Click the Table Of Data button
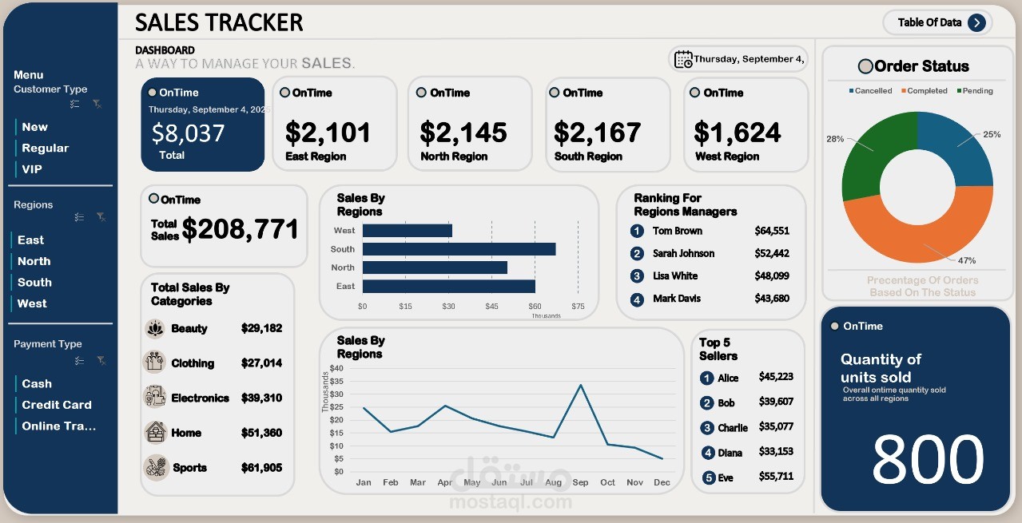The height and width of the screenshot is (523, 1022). tap(937, 22)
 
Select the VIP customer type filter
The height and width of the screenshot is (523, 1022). tap(32, 169)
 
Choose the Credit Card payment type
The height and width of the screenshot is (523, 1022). tap(56, 405)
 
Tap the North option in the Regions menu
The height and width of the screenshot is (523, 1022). tap(34, 261)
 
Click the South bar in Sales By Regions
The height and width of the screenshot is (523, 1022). tap(459, 249)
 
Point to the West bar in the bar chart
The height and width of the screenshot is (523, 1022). tap(407, 231)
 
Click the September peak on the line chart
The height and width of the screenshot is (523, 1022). tap(580, 385)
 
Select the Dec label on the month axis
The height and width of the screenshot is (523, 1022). tap(662, 482)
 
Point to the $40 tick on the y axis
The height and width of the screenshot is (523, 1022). tap(336, 368)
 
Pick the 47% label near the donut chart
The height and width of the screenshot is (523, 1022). tap(967, 260)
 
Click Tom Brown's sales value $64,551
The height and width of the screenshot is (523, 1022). tap(772, 231)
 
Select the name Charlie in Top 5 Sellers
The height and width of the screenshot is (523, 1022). tap(732, 428)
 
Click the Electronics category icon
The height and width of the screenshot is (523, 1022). tap(155, 397)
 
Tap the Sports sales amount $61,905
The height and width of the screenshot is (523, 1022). tap(261, 468)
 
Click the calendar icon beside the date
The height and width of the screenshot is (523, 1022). tap(683, 59)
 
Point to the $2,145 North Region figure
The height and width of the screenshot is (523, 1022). tap(463, 133)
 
